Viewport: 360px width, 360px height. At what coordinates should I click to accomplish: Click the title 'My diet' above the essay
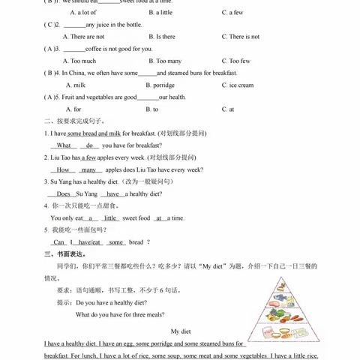click(181, 331)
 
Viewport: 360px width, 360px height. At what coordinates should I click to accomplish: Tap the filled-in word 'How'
click(63, 169)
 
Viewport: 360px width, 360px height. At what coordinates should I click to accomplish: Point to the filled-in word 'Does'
click(63, 193)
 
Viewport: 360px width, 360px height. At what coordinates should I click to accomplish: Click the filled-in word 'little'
click(111, 217)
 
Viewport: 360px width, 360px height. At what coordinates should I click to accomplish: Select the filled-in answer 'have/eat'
click(89, 242)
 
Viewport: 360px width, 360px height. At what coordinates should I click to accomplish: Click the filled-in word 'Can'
click(58, 242)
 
